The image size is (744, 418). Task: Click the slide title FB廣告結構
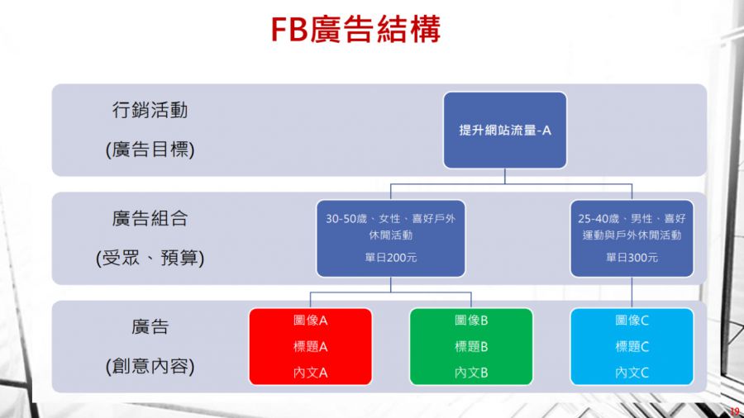point(355,30)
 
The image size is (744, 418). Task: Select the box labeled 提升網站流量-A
point(505,131)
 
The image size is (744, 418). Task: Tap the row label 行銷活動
point(150,110)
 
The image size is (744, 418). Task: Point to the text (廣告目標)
point(150,150)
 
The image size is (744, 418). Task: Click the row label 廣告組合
point(150,218)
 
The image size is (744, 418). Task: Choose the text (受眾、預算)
point(150,258)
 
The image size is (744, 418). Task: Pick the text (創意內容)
point(150,366)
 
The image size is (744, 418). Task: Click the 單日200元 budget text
point(390,258)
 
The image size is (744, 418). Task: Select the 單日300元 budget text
point(632,258)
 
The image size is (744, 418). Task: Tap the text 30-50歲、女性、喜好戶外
point(390,218)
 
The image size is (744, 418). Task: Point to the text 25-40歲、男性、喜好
point(632,218)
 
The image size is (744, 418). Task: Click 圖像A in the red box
point(310,321)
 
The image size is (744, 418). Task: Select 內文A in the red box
point(310,373)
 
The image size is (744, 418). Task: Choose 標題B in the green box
point(471,346)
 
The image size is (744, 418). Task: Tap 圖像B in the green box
point(471,321)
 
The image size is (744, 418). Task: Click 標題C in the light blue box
point(632,346)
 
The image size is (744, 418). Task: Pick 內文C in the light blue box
point(632,373)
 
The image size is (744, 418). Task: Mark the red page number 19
point(735,411)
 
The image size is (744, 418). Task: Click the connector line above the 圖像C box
point(632,292)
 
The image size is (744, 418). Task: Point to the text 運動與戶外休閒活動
point(632,235)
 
